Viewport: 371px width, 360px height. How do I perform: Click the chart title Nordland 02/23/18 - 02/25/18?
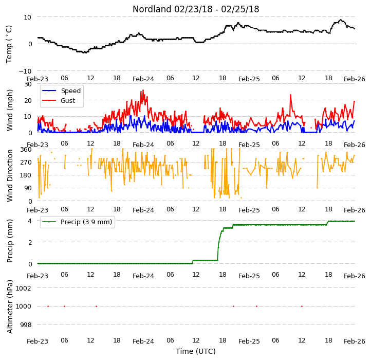(196, 9)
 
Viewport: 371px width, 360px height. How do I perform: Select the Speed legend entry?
(61, 91)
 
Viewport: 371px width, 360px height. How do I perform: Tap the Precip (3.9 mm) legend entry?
(77, 222)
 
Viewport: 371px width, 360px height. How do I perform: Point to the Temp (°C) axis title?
(9, 44)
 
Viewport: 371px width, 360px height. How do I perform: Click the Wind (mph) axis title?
(9, 110)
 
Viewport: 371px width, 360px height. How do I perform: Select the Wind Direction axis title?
(9, 175)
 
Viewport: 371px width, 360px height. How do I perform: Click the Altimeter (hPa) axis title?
(9, 307)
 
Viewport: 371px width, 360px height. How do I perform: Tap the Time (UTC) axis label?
(196, 351)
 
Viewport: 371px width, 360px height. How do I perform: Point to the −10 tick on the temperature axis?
(25, 71)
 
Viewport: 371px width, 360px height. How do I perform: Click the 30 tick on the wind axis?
(28, 84)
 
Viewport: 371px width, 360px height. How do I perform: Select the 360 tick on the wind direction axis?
(26, 150)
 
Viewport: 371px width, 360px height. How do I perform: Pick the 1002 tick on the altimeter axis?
(24, 288)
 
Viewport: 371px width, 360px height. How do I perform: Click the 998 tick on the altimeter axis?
(26, 325)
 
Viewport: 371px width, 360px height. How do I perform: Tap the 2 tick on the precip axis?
(30, 243)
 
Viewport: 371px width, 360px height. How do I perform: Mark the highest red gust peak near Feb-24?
(143, 90)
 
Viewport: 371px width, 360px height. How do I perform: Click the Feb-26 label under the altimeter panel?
(354, 341)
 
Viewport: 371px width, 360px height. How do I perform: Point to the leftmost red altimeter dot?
(48, 306)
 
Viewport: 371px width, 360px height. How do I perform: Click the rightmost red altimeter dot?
(302, 306)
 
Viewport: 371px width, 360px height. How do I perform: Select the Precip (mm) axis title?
(9, 241)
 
